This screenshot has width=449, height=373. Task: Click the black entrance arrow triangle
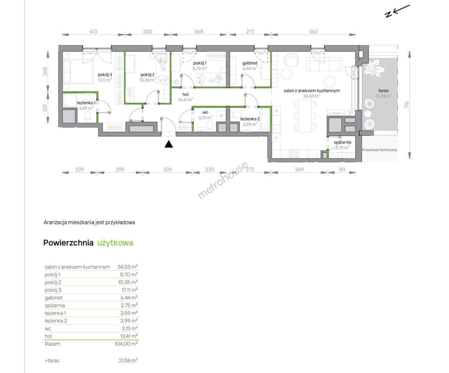tap(169, 144)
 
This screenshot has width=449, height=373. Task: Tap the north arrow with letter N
tap(397, 11)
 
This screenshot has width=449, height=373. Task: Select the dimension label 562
tap(313, 32)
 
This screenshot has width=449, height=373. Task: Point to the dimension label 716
tap(406, 105)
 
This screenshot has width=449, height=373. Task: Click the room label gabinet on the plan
tap(250, 63)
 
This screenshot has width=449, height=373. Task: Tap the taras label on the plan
tap(383, 90)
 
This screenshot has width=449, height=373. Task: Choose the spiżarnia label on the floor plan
tap(343, 142)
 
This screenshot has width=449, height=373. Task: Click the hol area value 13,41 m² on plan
tap(185, 100)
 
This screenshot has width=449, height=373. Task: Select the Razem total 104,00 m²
tap(126, 344)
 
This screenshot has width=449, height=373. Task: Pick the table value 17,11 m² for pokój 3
tap(130, 290)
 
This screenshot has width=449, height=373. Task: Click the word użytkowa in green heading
tap(115, 243)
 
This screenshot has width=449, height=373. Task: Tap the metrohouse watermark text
tap(223, 180)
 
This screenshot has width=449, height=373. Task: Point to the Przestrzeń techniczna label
tap(380, 150)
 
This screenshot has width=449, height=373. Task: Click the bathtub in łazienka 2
tap(264, 119)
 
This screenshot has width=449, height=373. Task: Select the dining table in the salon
tap(305, 116)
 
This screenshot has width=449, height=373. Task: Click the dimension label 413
tap(93, 32)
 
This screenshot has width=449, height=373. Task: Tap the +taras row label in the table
tap(52, 361)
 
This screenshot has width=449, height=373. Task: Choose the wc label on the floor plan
tap(205, 112)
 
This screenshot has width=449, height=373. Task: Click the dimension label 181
tap(342, 170)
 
